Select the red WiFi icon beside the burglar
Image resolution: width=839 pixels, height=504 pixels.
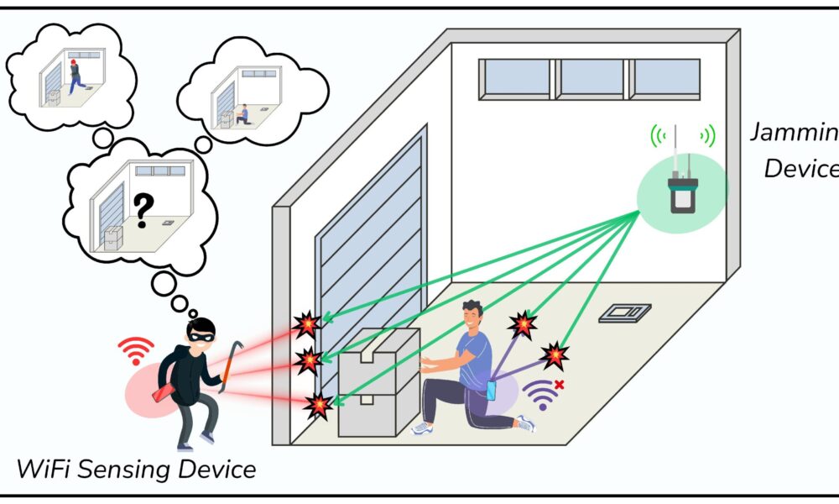(x=136, y=349)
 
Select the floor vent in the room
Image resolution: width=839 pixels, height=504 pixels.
(x=625, y=312)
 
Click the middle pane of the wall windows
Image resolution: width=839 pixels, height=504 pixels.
(x=591, y=77)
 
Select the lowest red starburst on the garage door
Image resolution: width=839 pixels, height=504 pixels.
(x=318, y=406)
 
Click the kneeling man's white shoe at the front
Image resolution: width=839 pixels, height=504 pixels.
(x=422, y=428)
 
